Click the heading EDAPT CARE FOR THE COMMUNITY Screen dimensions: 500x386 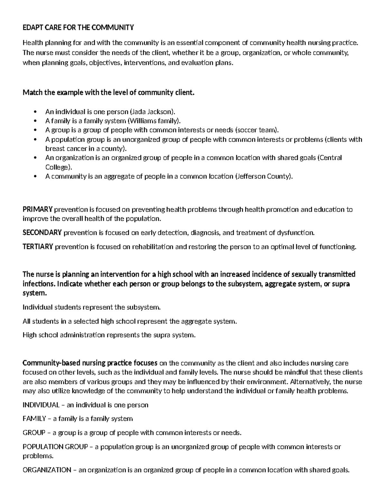click(78, 28)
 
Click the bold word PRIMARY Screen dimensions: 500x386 click(37, 210)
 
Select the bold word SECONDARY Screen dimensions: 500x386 click(42, 233)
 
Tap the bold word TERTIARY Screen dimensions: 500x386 click(38, 247)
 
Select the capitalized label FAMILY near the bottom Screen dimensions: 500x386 click(34, 419)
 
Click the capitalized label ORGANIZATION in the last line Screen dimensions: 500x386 click(47, 470)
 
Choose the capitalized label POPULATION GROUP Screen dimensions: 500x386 click(55, 447)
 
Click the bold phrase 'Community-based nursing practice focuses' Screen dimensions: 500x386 click(90, 363)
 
